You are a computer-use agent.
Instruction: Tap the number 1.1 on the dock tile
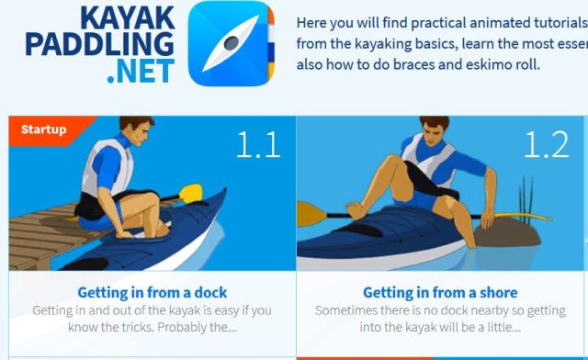point(258,145)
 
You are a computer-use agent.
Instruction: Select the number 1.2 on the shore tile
point(546,145)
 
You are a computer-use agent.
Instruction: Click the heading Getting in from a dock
point(153,292)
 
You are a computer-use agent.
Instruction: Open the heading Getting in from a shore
point(440,292)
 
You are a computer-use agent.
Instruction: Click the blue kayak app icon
point(232,43)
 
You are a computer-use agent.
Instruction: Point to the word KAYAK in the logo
point(128,17)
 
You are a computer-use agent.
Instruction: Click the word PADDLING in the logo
point(100,44)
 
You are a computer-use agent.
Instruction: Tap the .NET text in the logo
point(141,71)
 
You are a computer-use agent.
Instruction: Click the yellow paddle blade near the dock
point(190,193)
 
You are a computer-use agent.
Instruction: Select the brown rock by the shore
point(507,232)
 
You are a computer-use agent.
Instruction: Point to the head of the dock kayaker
point(135,129)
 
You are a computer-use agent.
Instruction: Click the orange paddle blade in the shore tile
point(311,214)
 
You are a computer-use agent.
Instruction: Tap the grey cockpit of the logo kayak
point(232,43)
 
